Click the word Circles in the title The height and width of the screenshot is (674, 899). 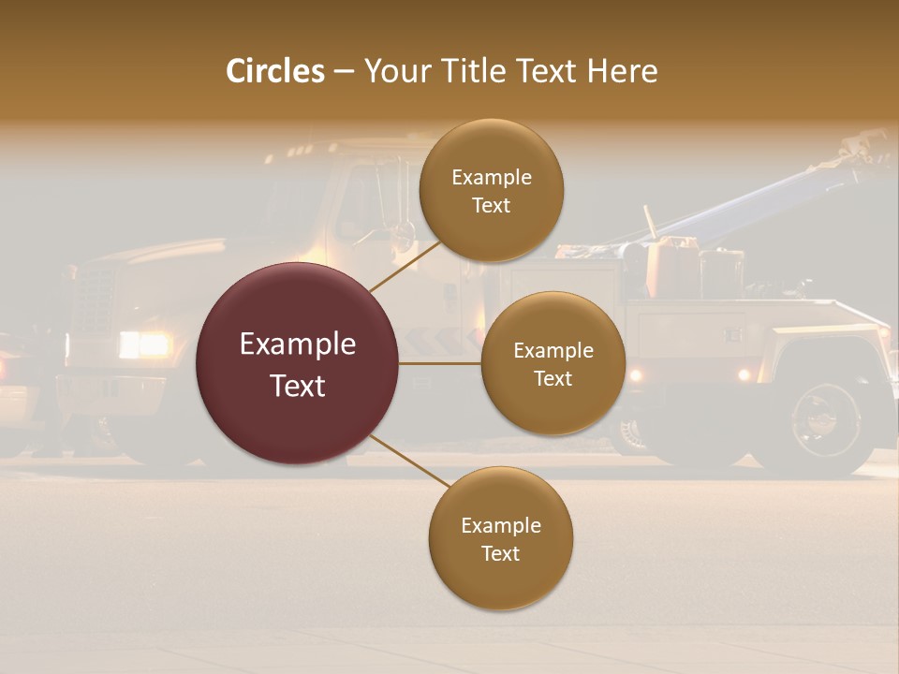[275, 71]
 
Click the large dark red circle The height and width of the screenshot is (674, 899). [297, 364]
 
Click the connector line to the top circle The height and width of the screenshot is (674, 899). [405, 265]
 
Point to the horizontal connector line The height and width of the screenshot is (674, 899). [439, 363]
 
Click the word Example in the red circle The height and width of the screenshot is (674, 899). [297, 344]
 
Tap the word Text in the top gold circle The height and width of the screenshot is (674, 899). [492, 205]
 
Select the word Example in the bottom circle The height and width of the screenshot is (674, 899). [500, 525]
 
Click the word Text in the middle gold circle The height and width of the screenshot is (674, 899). [553, 378]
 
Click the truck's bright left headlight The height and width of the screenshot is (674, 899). [142, 345]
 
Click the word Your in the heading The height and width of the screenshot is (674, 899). [397, 71]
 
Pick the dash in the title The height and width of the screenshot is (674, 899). [344, 72]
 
